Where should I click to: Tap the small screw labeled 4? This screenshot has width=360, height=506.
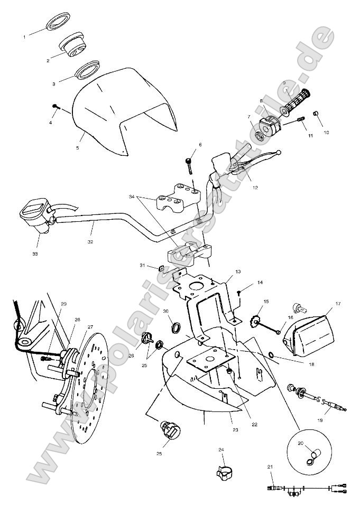(55, 107)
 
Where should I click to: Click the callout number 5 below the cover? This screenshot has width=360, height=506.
(77, 148)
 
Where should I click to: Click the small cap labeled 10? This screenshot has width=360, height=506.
(316, 114)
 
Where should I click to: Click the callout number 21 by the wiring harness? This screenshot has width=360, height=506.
(270, 467)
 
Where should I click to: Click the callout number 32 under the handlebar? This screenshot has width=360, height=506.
(90, 242)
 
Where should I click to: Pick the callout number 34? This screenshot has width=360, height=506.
(132, 197)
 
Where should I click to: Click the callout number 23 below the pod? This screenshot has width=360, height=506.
(235, 430)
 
